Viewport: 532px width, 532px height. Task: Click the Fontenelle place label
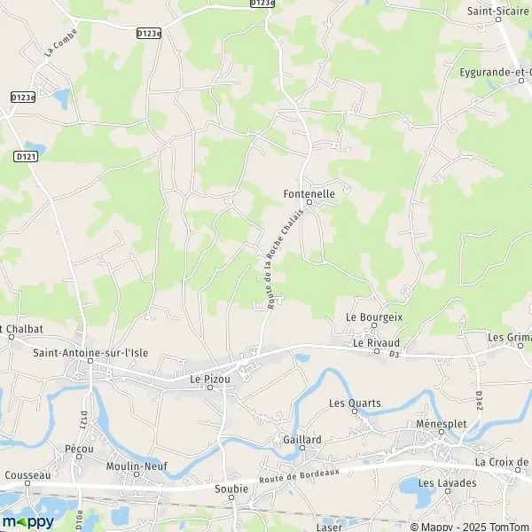click(309, 193)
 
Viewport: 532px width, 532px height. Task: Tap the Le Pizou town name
click(210, 379)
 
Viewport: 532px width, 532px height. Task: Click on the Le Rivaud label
click(376, 342)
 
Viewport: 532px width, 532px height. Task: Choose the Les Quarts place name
click(355, 403)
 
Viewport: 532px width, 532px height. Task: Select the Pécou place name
click(80, 450)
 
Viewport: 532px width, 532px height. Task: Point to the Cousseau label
click(27, 475)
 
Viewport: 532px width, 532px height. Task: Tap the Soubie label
click(231, 488)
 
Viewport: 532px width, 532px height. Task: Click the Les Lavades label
click(447, 483)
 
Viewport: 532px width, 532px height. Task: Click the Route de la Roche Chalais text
click(283, 251)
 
